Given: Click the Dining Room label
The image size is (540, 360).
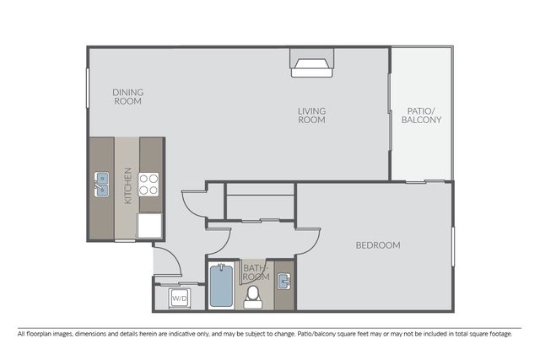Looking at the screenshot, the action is [127, 97].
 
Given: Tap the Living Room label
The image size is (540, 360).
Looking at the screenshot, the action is [311, 116].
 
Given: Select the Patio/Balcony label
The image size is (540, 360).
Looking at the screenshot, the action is [421, 116].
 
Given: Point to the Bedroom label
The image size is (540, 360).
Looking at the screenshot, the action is [378, 245].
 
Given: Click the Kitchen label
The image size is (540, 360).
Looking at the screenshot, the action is [127, 185].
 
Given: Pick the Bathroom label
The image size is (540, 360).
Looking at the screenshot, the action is [256, 272].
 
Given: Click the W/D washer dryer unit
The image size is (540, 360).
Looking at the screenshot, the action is [180, 298].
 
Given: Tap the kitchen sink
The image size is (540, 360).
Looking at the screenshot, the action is [101, 185].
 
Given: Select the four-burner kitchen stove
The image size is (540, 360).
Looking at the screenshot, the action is [148, 185].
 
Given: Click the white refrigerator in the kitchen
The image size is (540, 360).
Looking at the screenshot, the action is [149, 225].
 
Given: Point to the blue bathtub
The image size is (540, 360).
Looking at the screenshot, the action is [221, 285].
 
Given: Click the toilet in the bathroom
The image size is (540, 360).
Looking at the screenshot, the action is [253, 298].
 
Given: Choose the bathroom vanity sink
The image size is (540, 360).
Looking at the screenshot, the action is [284, 282].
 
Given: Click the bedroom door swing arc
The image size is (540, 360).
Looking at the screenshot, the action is [313, 246].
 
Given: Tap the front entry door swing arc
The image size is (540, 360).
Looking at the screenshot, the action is [174, 255].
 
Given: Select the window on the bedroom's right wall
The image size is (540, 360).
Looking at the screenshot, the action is [453, 246].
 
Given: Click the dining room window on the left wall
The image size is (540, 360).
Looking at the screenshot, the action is [88, 89].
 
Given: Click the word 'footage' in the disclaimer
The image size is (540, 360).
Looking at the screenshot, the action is [500, 334].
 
